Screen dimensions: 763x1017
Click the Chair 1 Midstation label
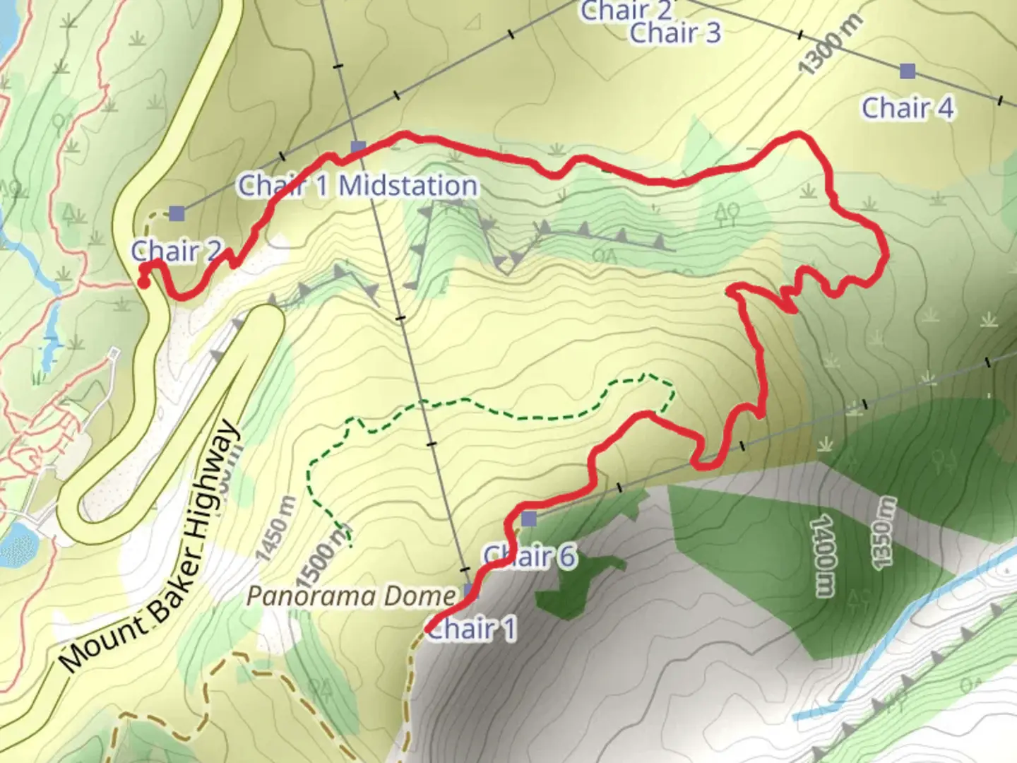coord(358,186)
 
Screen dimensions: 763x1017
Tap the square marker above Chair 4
coord(908,71)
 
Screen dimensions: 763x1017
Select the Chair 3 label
coord(675,32)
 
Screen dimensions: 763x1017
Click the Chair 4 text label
coord(908,108)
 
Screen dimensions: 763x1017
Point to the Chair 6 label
coord(530,557)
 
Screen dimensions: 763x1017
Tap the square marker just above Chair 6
coord(529,520)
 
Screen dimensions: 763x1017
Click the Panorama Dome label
coord(351,597)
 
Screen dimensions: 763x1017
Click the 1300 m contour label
coord(831,45)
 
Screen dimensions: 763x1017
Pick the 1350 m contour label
coord(884,531)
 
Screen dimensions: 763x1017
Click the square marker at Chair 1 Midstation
coord(358,147)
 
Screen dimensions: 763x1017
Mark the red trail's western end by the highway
coord(143,283)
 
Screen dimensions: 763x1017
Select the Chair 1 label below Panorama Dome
coord(472,628)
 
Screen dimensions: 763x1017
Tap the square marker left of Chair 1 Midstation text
coord(176,213)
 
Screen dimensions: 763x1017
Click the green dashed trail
coord(494,403)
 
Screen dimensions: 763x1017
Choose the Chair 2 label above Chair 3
coord(626,10)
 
